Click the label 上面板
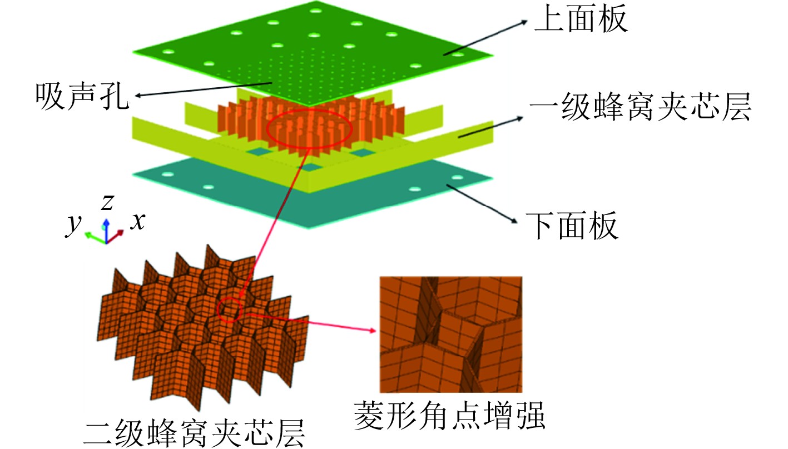coord(581,21)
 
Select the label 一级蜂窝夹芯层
coord(640,109)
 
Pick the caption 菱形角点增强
coord(449,415)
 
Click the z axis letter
coord(107,203)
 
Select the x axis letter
coord(137,222)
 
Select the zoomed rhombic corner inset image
coord(450,334)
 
